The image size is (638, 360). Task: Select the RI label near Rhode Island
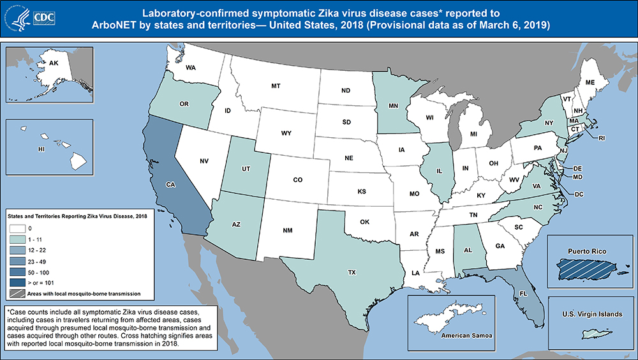point(601,137)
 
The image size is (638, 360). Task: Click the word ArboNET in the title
point(205,25)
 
